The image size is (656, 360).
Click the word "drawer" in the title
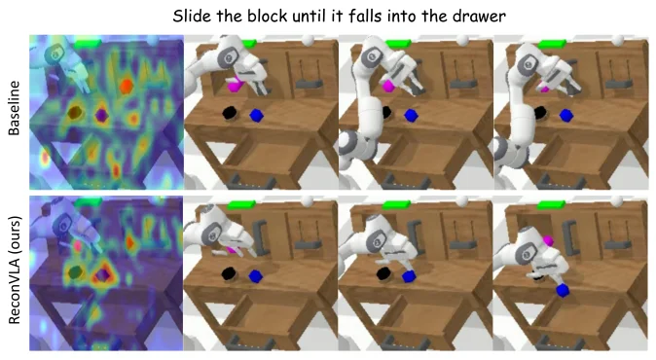[482, 17]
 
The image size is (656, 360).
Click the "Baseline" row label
[14, 108]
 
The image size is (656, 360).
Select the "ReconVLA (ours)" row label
[14, 270]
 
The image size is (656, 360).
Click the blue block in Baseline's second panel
[256, 116]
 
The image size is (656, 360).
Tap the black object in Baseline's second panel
[230, 113]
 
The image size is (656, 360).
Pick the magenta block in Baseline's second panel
[236, 86]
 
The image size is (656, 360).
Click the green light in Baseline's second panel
[247, 43]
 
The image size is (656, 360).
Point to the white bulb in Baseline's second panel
[308, 40]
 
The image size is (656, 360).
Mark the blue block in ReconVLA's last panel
[563, 290]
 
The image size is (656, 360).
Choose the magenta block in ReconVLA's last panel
[548, 241]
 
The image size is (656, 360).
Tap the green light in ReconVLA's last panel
[551, 205]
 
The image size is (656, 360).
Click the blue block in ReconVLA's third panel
[409, 276]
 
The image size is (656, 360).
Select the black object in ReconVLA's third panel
[383, 273]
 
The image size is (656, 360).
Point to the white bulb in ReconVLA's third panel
[462, 201]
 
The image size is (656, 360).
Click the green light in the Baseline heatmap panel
[88, 43]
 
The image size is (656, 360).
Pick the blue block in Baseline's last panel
[565, 116]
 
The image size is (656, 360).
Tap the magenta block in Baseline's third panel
[388, 86]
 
